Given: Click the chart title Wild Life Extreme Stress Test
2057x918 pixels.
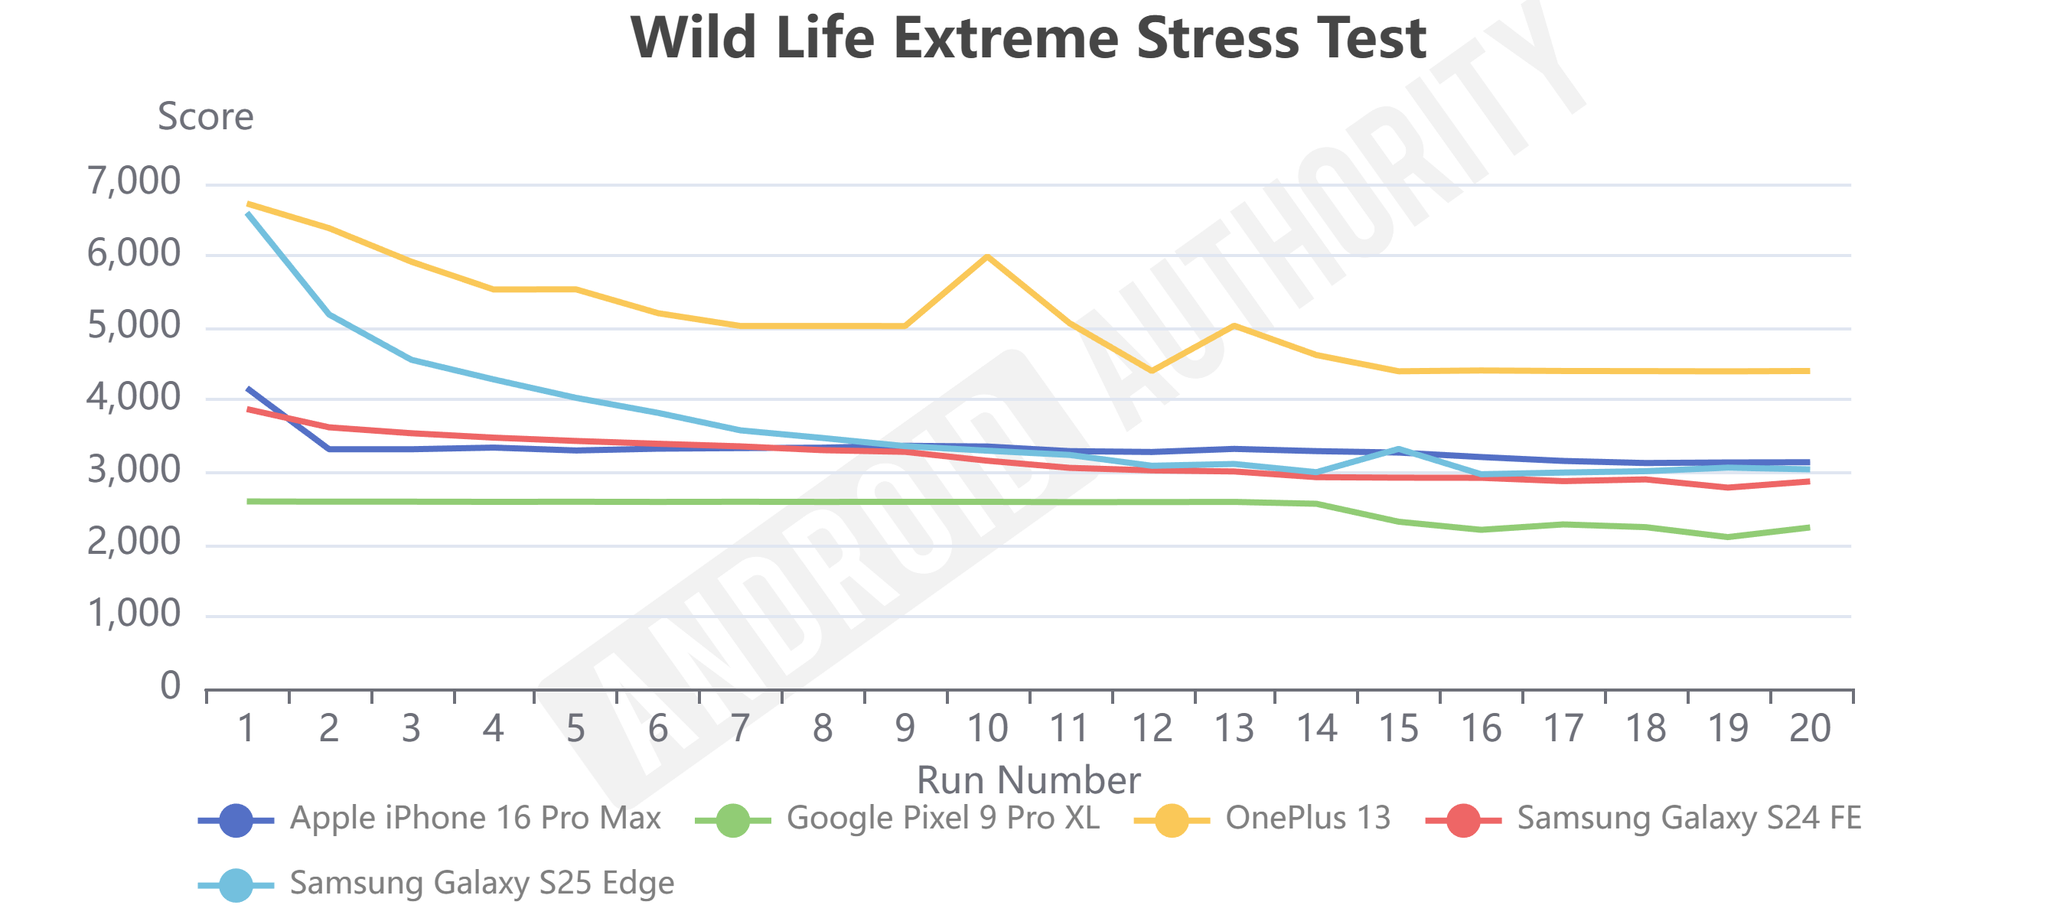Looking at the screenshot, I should click(1028, 38).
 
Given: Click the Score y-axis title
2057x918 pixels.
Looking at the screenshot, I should click(205, 117).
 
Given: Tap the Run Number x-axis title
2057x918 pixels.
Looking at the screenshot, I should click(1028, 780).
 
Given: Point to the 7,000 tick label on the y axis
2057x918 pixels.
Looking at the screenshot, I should click(134, 181).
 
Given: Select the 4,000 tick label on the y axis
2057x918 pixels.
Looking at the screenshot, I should click(134, 397).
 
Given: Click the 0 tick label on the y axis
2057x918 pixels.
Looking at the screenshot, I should click(170, 685).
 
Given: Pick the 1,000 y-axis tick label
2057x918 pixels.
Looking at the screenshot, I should click(134, 613).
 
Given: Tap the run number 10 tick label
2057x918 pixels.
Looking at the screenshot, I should click(987, 728).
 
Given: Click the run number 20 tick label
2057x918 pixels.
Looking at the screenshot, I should click(1810, 728).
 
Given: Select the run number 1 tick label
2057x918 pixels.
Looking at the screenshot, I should click(246, 728).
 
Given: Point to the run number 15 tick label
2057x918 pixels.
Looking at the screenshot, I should click(1398, 728).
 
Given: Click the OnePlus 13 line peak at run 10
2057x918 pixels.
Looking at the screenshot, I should click(988, 256).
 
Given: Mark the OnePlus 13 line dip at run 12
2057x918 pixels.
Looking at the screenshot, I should click(1152, 371).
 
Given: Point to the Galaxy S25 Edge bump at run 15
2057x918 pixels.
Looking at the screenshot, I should click(1398, 448).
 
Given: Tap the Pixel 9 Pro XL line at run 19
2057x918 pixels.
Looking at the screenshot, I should click(1727, 537).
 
